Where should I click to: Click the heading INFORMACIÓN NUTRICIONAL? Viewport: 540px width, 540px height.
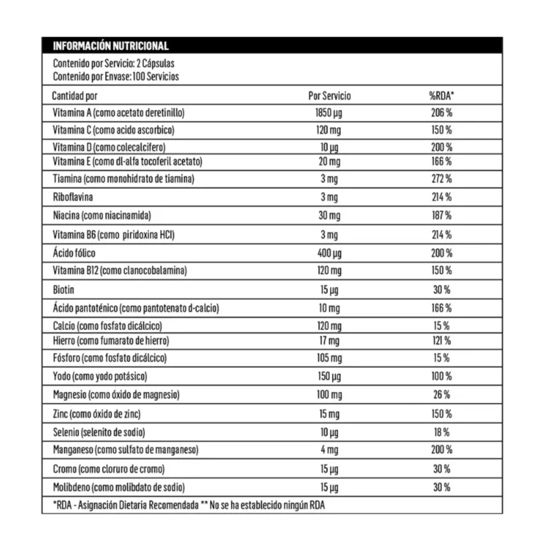coord(110,46)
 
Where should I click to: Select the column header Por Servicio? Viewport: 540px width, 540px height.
coord(329,96)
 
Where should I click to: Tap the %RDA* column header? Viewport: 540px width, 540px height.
coord(441,96)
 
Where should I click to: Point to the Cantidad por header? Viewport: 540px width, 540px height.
coord(75,96)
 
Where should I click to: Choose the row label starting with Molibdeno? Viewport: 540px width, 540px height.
coord(118,487)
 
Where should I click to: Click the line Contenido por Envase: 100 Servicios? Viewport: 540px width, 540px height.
coord(115,76)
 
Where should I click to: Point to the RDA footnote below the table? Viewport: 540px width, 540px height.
coord(189,506)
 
